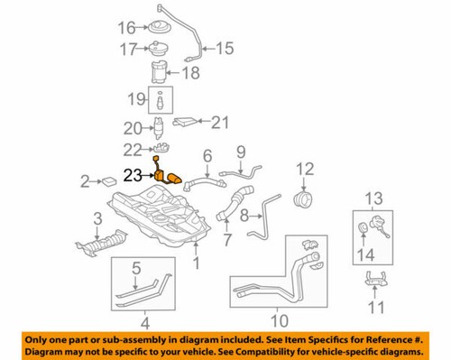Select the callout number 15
223,48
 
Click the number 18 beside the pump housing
191,72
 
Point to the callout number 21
222,120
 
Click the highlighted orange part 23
166,176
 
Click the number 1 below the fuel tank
197,264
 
